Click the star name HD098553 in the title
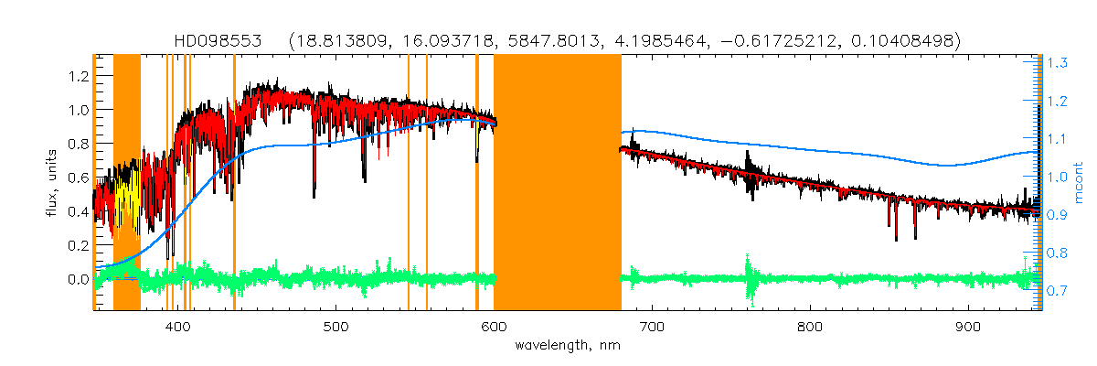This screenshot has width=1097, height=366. click(218, 41)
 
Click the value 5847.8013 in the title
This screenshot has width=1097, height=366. click(517, 41)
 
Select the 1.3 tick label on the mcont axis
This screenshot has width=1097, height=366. click(1058, 63)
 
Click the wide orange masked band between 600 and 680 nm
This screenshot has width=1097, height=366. click(558, 183)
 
